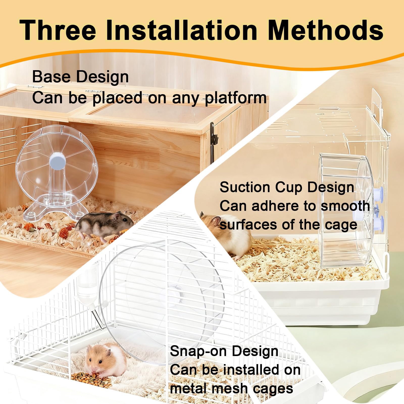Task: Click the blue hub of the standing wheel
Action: pos(58,161)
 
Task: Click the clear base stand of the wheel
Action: pos(56,207)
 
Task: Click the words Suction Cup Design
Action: pos(287,187)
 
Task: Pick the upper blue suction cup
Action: pos(379,194)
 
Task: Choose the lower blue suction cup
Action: pos(379,222)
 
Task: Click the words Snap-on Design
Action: pos(224,351)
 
